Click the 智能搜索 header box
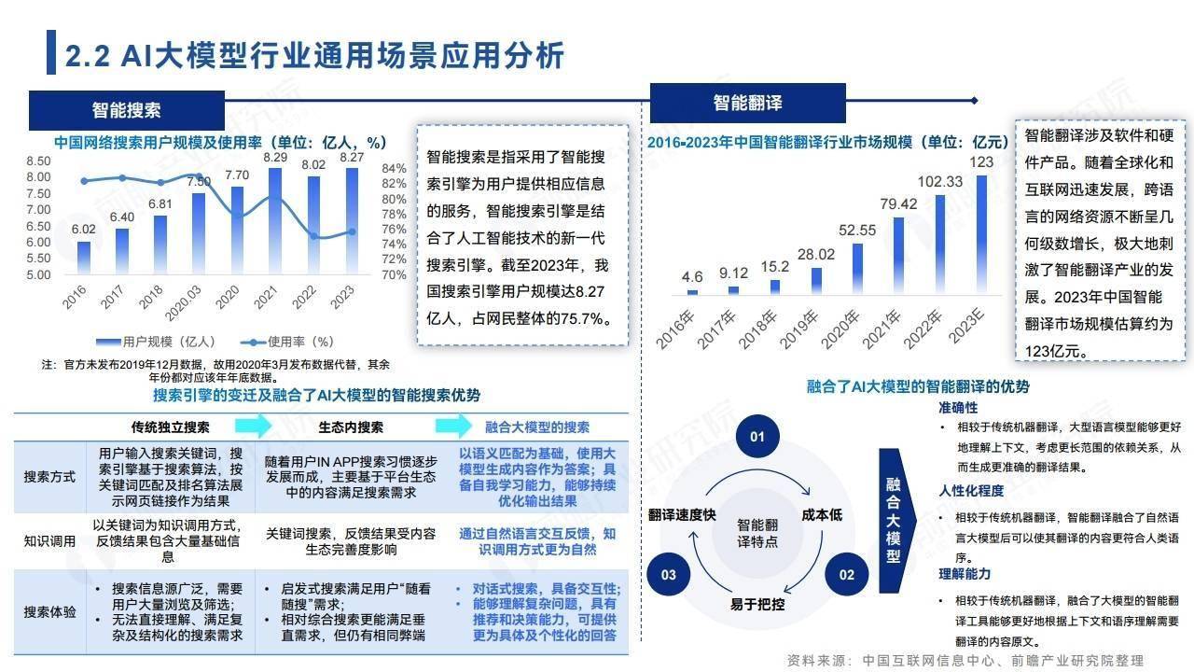click(x=127, y=110)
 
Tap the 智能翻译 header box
click(x=747, y=103)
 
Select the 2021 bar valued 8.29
click(x=275, y=221)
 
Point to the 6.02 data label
click(x=84, y=230)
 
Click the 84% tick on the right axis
click(x=394, y=169)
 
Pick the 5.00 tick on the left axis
click(x=38, y=275)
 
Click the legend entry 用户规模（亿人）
click(x=156, y=342)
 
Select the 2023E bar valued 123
click(x=981, y=234)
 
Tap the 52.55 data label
click(x=857, y=231)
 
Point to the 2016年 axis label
click(x=674, y=329)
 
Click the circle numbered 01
click(x=757, y=437)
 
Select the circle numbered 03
click(x=669, y=574)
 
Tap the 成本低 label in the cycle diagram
click(x=822, y=515)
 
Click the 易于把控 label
click(x=757, y=604)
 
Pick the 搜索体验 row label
click(x=49, y=611)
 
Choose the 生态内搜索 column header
click(x=351, y=427)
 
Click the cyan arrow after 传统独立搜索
click(x=253, y=426)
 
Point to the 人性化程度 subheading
click(x=971, y=491)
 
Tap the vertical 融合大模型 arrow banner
click(x=896, y=521)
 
